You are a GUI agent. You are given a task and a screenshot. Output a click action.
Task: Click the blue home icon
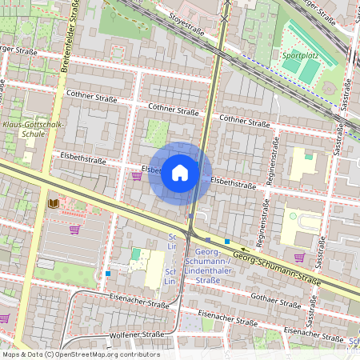(180, 173)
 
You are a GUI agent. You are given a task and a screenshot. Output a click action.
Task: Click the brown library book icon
(54, 205)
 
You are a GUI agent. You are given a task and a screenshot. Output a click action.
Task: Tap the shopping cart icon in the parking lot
(74, 230)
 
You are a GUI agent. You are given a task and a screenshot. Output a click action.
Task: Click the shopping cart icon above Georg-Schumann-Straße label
(299, 257)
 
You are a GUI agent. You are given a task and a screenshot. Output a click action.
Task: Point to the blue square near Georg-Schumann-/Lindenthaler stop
(227, 241)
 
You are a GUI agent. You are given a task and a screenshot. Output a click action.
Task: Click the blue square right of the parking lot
(107, 274)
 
